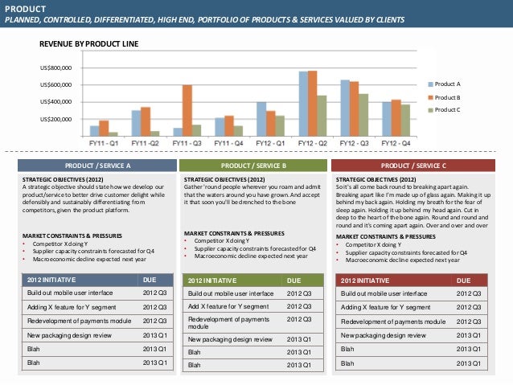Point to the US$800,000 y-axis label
pyautogui.click(x=56, y=69)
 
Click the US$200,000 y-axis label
pyautogui.click(x=56, y=119)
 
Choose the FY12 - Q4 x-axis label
pyautogui.click(x=396, y=142)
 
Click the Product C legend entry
pyautogui.click(x=447, y=109)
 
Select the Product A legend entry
pyautogui.click(x=447, y=84)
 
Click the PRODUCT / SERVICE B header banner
pyautogui.click(x=253, y=166)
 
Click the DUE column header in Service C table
pyautogui.click(x=464, y=281)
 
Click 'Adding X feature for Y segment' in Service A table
pyautogui.click(x=72, y=308)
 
